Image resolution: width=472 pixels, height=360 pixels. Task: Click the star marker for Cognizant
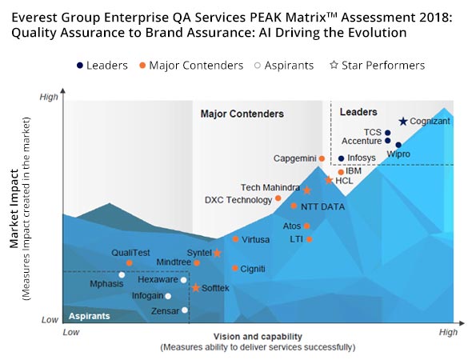pyautogui.click(x=403, y=122)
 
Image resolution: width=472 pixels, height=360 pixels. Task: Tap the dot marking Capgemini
pyautogui.click(x=322, y=158)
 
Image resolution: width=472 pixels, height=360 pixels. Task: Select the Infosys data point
pyautogui.click(x=341, y=158)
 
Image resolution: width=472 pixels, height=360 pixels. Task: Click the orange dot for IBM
pyautogui.click(x=341, y=172)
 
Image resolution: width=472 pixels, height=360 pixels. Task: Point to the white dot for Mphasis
pyautogui.click(x=122, y=275)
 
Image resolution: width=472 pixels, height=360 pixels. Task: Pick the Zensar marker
pyautogui.click(x=185, y=310)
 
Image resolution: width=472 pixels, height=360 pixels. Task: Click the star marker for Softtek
pyautogui.click(x=195, y=288)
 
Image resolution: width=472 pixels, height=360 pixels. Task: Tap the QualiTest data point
pyautogui.click(x=129, y=262)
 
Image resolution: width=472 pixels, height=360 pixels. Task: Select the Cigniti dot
pyautogui.click(x=234, y=268)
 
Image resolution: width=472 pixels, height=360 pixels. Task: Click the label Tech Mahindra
pyautogui.click(x=270, y=187)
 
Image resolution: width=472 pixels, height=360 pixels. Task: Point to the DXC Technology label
pyautogui.click(x=238, y=200)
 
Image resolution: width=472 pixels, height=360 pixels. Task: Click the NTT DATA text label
pyautogui.click(x=322, y=207)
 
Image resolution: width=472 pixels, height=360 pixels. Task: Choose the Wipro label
pyautogui.click(x=398, y=153)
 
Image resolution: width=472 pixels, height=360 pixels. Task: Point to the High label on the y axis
pyautogui.click(x=49, y=98)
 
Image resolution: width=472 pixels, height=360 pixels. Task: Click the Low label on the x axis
pyautogui.click(x=71, y=330)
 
